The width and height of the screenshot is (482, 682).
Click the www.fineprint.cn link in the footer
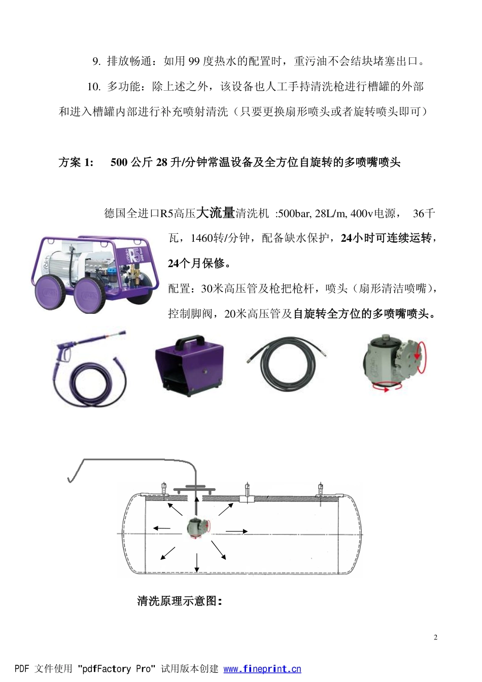click(262, 669)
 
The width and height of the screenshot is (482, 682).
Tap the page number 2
click(435, 637)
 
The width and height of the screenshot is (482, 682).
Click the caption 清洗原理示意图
click(179, 601)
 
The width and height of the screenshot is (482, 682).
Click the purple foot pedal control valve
click(189, 364)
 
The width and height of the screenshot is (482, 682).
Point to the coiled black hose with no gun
click(287, 365)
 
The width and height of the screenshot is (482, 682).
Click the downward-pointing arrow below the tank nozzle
click(197, 563)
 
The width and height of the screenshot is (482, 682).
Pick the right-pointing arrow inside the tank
click(236, 531)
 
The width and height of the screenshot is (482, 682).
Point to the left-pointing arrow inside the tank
click(162, 528)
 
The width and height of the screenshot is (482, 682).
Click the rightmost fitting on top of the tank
click(321, 490)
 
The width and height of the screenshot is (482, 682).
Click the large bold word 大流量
click(215, 212)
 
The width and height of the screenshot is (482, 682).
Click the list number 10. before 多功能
click(94, 87)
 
